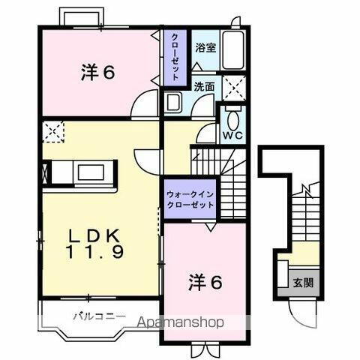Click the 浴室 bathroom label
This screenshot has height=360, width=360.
tap(205, 48)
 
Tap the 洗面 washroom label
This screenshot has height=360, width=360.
tap(205, 86)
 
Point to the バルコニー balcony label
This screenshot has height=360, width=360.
tap(98, 316)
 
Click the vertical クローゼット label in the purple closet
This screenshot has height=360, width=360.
tap(174, 57)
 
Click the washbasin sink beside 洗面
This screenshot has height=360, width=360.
tap(173, 103)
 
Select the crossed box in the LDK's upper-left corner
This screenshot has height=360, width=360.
tap(53, 132)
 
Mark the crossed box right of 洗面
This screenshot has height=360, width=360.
tap(234, 87)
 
